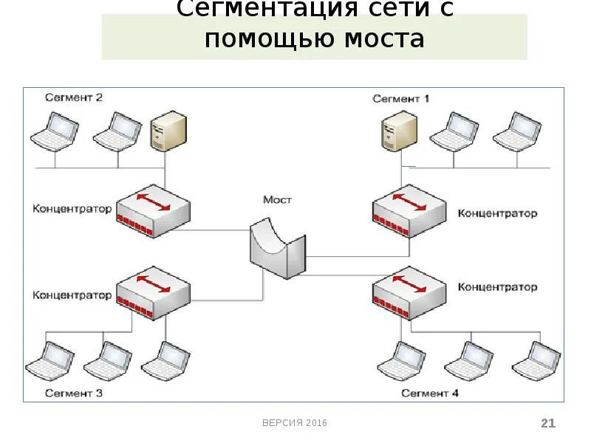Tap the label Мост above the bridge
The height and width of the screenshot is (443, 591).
coord(277,200)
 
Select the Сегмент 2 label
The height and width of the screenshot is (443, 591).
coord(74,97)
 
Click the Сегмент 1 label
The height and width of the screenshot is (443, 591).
coord(401,98)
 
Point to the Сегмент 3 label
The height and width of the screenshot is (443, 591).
coord(74,394)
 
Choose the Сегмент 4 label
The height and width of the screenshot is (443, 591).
coord(430,394)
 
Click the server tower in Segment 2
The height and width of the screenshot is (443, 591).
coord(167,131)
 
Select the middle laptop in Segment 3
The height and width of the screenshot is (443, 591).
coord(108,361)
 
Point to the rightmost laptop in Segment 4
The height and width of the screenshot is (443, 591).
coord(536,361)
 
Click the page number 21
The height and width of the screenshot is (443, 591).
coord(547,423)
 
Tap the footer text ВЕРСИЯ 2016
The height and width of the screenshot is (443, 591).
coord(295,423)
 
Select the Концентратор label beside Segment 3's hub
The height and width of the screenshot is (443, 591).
coord(72,295)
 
